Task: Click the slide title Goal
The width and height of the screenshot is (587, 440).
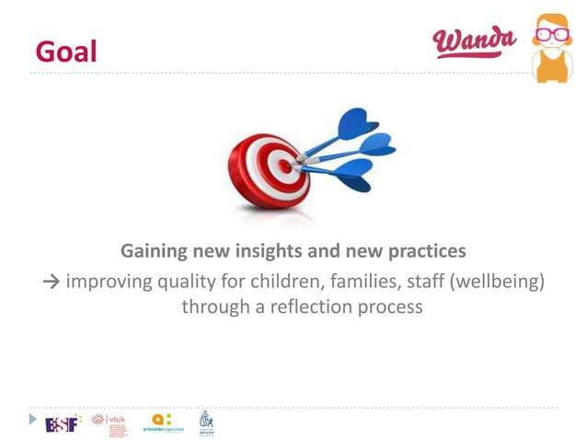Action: coord(65,51)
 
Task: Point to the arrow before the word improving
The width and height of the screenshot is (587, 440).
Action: coord(52,281)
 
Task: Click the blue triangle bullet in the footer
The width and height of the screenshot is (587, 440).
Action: coord(34,420)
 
